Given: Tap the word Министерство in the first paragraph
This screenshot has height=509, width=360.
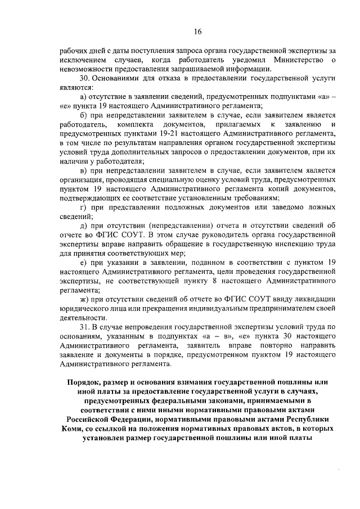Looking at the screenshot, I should tap(298, 60).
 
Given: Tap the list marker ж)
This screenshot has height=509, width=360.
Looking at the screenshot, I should tap(85, 298).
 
